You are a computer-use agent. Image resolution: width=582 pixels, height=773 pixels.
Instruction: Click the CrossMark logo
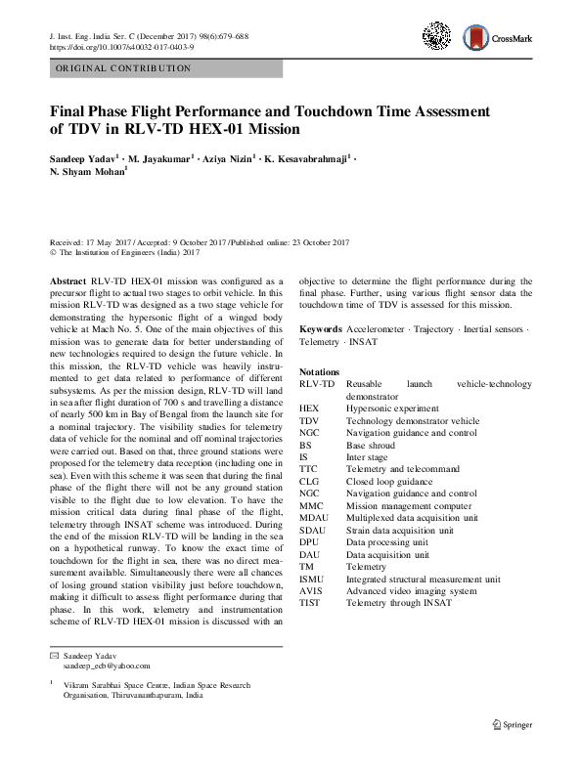(x=499, y=40)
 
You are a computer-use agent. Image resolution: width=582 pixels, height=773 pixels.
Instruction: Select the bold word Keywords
(x=320, y=329)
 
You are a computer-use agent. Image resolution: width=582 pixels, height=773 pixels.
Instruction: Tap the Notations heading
(x=320, y=372)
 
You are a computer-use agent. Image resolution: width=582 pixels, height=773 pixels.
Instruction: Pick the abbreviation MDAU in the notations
(x=314, y=518)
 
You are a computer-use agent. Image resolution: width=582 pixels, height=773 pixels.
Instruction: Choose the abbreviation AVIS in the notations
(x=311, y=590)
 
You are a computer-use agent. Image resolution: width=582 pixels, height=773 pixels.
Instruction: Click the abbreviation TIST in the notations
(x=310, y=603)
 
